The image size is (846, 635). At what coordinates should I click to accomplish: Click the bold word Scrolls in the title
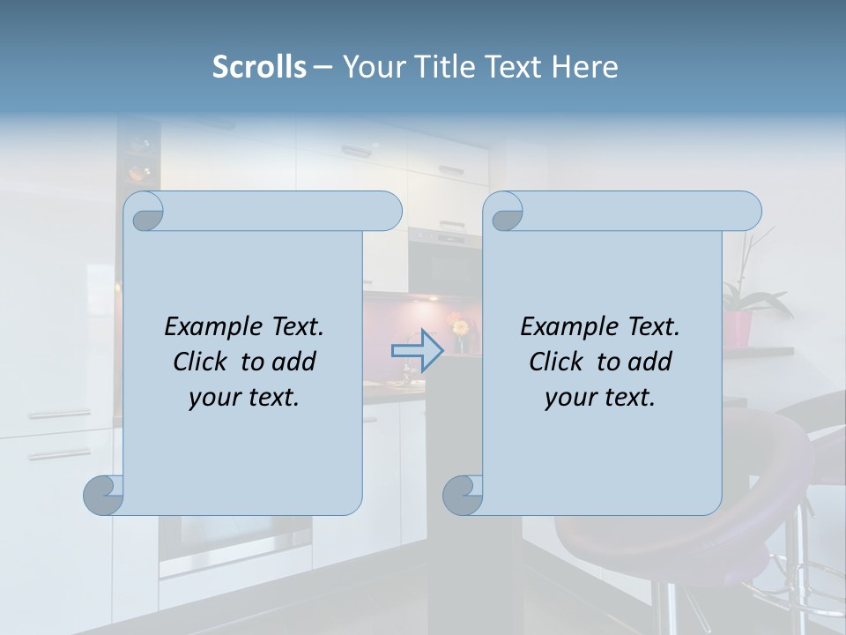pos(259,67)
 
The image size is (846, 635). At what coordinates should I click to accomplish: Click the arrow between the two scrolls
pos(417,350)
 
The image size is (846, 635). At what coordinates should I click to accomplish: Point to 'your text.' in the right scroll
pos(599,397)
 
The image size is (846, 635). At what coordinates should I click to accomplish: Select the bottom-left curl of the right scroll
pos(463,495)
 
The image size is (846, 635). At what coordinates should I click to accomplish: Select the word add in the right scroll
pos(649,362)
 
